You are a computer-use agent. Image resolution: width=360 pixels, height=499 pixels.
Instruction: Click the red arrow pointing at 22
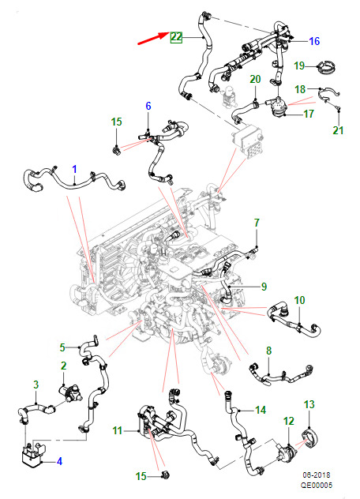153,38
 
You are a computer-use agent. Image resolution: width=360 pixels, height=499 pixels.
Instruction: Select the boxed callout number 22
176,37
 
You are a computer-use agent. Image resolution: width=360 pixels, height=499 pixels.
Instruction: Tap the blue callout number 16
314,41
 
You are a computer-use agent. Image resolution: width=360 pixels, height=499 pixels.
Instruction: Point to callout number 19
299,66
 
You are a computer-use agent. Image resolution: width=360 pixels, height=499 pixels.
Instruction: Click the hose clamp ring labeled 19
325,67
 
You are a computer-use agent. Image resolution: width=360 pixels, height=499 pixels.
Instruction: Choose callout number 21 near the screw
338,130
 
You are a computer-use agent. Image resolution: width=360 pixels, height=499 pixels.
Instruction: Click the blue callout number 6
148,106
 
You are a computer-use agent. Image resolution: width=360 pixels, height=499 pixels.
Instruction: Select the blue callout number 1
74,169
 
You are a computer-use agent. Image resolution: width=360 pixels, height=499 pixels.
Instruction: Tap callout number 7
257,223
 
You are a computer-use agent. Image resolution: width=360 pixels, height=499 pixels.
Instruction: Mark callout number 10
299,300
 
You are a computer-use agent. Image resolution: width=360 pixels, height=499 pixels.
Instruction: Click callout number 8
268,351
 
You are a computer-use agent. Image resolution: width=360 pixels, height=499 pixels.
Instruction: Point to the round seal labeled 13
309,438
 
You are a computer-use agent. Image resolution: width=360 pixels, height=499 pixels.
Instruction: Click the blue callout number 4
59,461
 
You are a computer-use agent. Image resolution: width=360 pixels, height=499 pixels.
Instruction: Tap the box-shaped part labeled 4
32,452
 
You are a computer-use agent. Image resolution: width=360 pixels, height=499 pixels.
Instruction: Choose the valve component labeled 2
70,392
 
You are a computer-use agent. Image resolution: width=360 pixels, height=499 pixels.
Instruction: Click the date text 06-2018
317,475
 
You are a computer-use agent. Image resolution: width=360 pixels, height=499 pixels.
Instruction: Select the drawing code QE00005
317,485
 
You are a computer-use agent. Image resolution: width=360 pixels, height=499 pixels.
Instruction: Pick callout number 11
117,430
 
